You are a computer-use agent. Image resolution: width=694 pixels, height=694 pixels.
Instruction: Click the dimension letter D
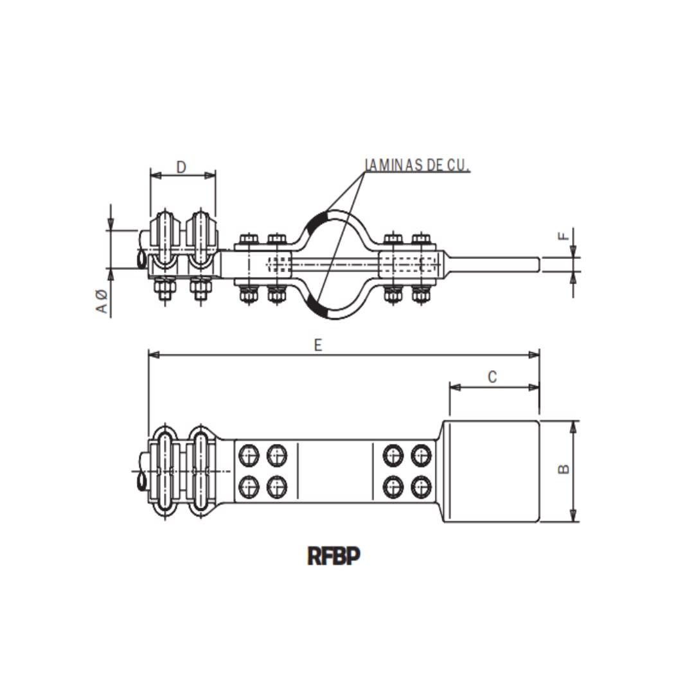point(181,167)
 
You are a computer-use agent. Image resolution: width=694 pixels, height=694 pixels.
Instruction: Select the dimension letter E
point(317,345)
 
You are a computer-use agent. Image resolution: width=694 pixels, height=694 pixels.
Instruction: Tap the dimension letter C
point(492,377)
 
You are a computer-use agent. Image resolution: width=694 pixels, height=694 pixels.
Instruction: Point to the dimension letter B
point(564,469)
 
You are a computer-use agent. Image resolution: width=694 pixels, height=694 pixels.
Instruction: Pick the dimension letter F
point(564,236)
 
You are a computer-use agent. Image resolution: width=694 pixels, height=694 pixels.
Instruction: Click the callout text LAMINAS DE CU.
point(418,165)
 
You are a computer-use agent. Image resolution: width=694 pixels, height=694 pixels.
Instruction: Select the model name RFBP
point(334,556)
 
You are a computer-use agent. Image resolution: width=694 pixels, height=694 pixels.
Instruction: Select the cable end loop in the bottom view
point(142,479)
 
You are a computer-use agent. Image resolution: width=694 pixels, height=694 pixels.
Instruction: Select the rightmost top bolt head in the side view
point(421,240)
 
